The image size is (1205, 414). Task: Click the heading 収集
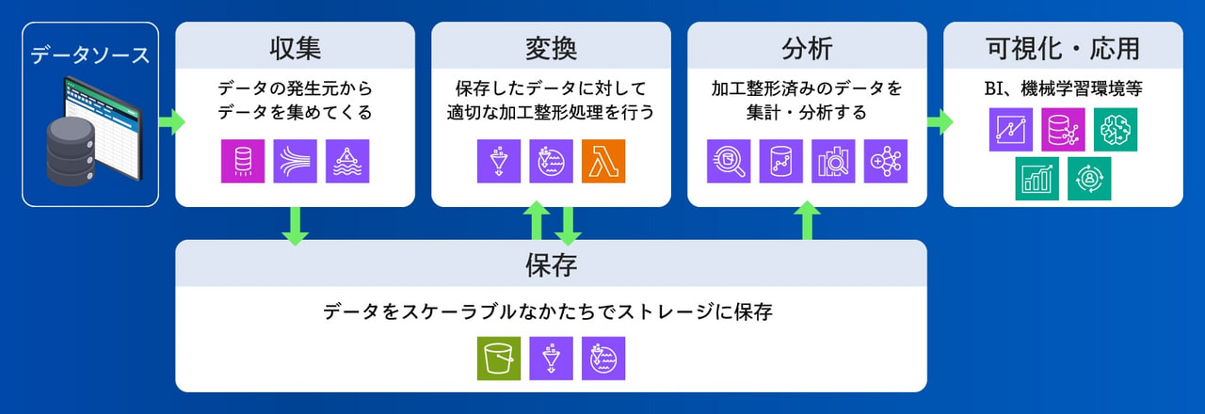[x=296, y=48]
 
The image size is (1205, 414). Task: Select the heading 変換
[x=551, y=48]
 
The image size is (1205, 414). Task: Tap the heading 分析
[x=807, y=48]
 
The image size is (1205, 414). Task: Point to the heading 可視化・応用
[x=1063, y=48]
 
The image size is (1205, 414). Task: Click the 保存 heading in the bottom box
[x=551, y=265]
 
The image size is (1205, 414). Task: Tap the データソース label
[x=89, y=55]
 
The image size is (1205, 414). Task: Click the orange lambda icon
[x=603, y=161]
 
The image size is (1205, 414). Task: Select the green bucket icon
[x=499, y=358]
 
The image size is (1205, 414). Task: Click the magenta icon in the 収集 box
[x=243, y=161]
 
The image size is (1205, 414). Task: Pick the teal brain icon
[x=1116, y=130]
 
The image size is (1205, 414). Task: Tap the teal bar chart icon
[x=1037, y=179]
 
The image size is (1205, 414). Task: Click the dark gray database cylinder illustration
[x=71, y=151]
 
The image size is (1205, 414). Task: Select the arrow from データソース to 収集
[x=172, y=122]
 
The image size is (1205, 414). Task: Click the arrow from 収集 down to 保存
[x=296, y=226]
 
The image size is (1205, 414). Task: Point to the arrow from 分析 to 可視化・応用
[x=940, y=122]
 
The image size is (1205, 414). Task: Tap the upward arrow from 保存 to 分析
[x=808, y=220]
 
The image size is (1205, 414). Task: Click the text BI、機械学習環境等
[x=1063, y=88]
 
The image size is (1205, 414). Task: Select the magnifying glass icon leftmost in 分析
[x=729, y=161]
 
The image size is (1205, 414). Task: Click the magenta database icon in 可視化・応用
[x=1063, y=130]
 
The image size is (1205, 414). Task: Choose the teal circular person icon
[x=1089, y=179]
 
